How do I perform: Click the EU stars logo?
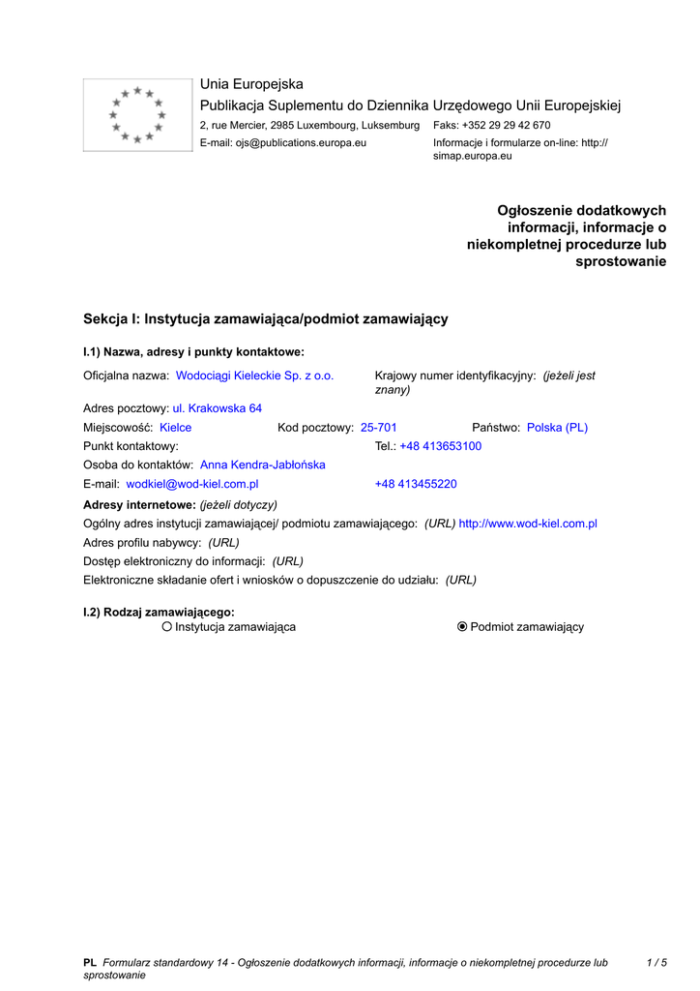137,115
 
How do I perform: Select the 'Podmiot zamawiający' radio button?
462,627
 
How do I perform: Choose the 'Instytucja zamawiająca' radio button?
167,627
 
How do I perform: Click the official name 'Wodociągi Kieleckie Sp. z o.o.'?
254,375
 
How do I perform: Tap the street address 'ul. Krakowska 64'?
217,408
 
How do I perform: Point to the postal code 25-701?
378,428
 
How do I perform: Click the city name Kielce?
175,428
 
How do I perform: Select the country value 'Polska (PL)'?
557,428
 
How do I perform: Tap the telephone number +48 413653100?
440,446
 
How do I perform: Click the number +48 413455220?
416,484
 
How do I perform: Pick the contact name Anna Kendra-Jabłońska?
262,465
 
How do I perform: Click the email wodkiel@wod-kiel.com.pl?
192,484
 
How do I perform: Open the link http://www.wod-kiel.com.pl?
528,524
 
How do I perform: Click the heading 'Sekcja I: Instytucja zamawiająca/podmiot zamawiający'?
266,318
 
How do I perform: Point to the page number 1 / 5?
656,963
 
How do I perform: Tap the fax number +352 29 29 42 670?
506,126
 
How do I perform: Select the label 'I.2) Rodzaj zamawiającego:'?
159,612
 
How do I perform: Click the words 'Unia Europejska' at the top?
251,84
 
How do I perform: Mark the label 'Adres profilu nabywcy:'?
142,543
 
